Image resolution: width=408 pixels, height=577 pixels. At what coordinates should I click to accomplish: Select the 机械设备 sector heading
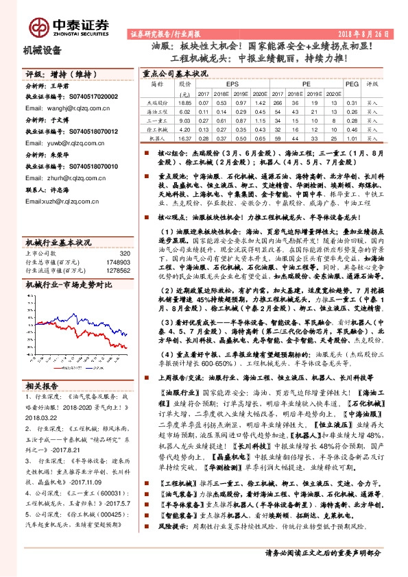pos(43,51)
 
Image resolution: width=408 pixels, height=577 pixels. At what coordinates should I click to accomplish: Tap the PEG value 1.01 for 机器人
pos(351,137)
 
